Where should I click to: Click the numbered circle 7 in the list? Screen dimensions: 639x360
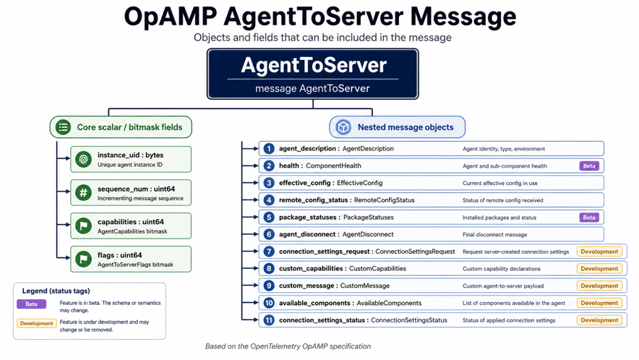[x=269, y=252]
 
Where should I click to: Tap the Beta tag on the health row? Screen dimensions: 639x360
[x=589, y=166]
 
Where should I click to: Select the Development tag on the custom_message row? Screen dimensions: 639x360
[x=599, y=286]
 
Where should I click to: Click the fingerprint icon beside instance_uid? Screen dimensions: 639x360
[x=84, y=159]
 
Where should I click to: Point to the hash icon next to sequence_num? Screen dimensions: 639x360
[x=84, y=192]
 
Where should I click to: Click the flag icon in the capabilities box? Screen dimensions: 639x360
[x=84, y=226]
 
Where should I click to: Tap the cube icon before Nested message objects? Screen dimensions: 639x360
[x=343, y=127]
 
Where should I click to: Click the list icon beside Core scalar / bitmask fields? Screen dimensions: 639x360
[x=63, y=127]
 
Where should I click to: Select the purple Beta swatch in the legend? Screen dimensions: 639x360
[x=31, y=304]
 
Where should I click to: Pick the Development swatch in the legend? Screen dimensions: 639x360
[x=36, y=323]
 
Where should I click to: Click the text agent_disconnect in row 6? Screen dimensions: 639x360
[x=307, y=234]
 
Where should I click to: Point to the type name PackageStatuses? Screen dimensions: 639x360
[x=369, y=218]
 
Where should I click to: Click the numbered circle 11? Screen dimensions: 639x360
[x=269, y=320]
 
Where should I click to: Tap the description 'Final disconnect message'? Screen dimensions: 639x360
[x=494, y=234]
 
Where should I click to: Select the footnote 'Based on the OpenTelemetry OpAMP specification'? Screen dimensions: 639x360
[x=288, y=346]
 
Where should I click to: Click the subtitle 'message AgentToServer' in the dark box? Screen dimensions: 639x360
[x=312, y=88]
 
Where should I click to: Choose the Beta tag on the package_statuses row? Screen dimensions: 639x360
[x=589, y=218]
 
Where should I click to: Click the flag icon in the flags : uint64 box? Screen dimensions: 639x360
[x=84, y=259]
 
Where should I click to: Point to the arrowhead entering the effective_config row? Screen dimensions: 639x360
[x=256, y=183]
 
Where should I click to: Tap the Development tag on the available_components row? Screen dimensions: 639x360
[x=599, y=303]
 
